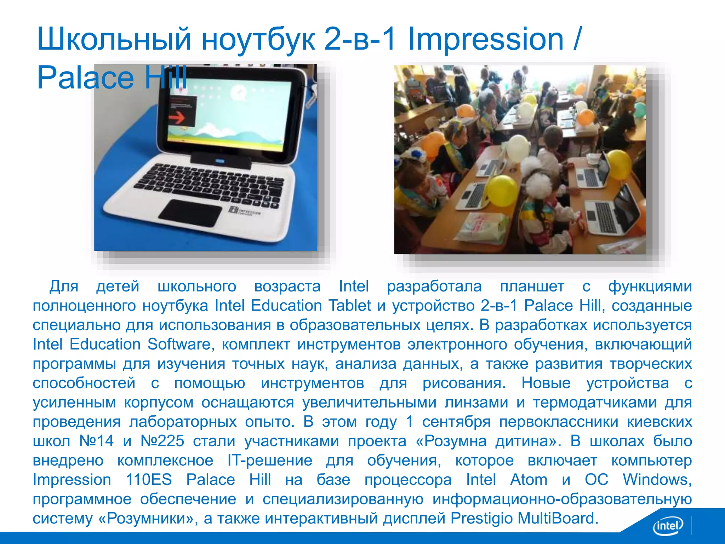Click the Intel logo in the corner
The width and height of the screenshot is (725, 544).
click(668, 526)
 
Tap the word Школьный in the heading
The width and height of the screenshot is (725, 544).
click(114, 40)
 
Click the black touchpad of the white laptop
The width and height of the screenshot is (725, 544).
click(190, 213)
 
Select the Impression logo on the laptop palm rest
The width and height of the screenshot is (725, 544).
click(245, 211)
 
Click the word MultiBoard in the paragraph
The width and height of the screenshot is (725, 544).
click(558, 518)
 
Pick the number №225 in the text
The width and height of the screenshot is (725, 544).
click(162, 441)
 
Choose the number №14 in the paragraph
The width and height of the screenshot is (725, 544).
click(96, 441)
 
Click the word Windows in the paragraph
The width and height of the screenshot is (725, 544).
click(657, 480)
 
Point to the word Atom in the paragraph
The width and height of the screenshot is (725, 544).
click(529, 480)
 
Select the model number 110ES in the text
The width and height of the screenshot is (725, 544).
click(149, 480)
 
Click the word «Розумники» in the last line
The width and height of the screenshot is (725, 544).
click(147, 518)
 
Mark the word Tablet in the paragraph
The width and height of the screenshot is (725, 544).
click(350, 306)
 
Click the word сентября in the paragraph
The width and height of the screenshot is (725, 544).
click(456, 421)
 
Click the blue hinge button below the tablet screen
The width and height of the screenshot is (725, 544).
click(220, 161)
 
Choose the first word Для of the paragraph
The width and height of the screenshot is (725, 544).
click(64, 286)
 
